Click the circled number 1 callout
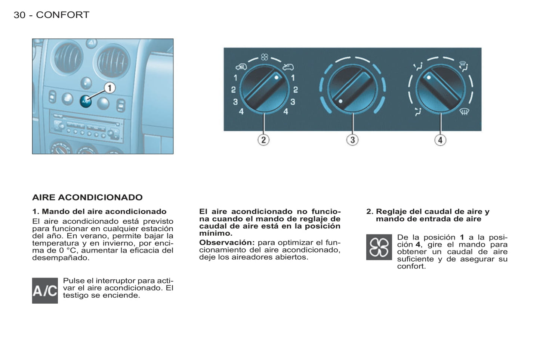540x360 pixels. (109, 88)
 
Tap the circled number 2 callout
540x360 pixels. (263, 140)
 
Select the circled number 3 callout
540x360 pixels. (352, 140)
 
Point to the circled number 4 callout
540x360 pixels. (441, 140)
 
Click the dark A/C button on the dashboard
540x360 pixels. (86, 102)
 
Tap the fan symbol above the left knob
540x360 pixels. (265, 57)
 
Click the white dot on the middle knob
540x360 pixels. (340, 102)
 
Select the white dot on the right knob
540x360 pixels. (429, 78)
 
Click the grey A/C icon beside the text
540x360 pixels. (45, 291)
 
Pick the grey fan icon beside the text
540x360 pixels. (379, 247)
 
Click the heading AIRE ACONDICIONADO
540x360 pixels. (87, 197)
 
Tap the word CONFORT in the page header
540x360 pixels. (63, 15)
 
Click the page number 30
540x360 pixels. (19, 15)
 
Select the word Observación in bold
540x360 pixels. (227, 242)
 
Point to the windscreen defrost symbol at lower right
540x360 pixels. (464, 112)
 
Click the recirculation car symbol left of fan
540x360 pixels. (241, 67)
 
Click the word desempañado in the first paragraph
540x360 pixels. (61, 258)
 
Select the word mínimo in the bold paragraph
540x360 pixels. (216, 233)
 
